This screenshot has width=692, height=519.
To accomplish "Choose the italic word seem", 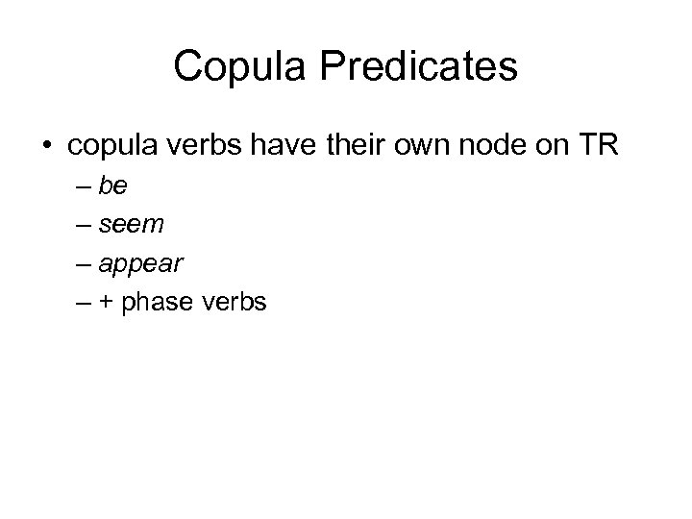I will point(132,224).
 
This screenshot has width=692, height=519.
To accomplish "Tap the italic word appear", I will point(140,264).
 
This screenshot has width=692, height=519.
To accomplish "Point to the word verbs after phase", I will point(234,302).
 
